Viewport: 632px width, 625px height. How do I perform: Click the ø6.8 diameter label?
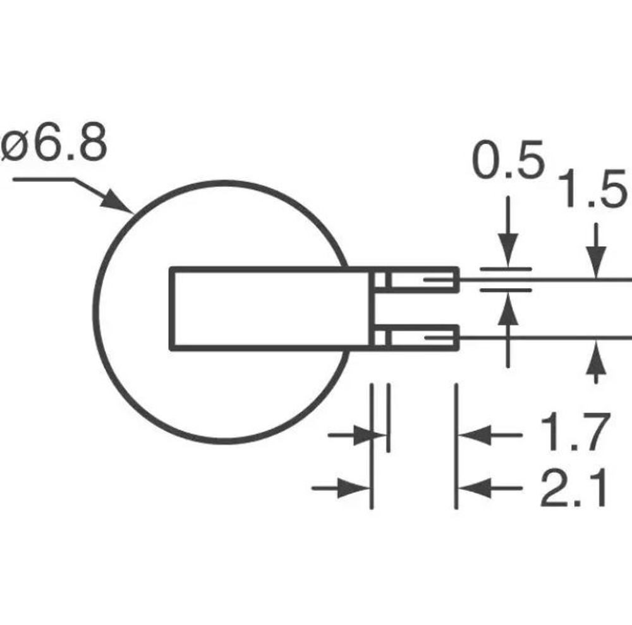point(54,146)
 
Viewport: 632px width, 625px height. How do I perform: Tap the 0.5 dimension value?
point(508,162)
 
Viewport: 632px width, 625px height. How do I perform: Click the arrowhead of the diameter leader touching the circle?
point(120,203)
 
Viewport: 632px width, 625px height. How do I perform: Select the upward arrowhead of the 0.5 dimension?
point(508,310)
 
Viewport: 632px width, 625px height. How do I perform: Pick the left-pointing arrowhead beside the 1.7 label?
point(474,435)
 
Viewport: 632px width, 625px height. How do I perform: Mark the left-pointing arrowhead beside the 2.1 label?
point(474,488)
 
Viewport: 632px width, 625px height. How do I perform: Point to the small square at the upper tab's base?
point(380,279)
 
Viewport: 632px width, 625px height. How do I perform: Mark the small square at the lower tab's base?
point(380,337)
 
